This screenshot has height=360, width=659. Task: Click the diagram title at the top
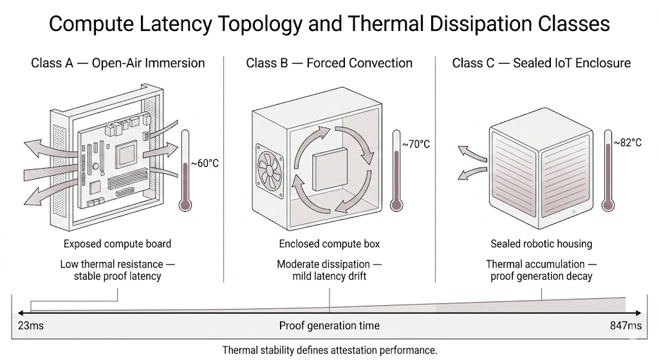tap(329, 24)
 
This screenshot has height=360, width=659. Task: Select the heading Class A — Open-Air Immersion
tap(118, 63)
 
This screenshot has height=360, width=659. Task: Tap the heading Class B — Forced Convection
tap(329, 63)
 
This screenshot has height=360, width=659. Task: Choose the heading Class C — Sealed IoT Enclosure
tap(541, 63)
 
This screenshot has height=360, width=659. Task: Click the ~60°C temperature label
tap(205, 164)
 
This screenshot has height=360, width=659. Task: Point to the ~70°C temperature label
tap(416, 144)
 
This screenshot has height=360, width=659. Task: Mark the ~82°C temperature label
tap(627, 142)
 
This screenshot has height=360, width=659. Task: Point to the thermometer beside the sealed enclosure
tap(608, 170)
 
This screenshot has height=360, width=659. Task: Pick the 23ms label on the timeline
tap(31, 326)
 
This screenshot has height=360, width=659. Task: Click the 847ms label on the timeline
tap(626, 326)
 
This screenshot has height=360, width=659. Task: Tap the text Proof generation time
tap(329, 326)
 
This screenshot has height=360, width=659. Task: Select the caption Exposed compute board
tap(117, 244)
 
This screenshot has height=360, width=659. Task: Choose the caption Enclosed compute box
tap(329, 244)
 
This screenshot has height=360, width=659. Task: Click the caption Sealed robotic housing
tap(541, 244)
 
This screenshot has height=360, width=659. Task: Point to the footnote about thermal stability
tap(329, 350)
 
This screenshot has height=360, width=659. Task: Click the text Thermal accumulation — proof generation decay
tap(541, 270)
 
